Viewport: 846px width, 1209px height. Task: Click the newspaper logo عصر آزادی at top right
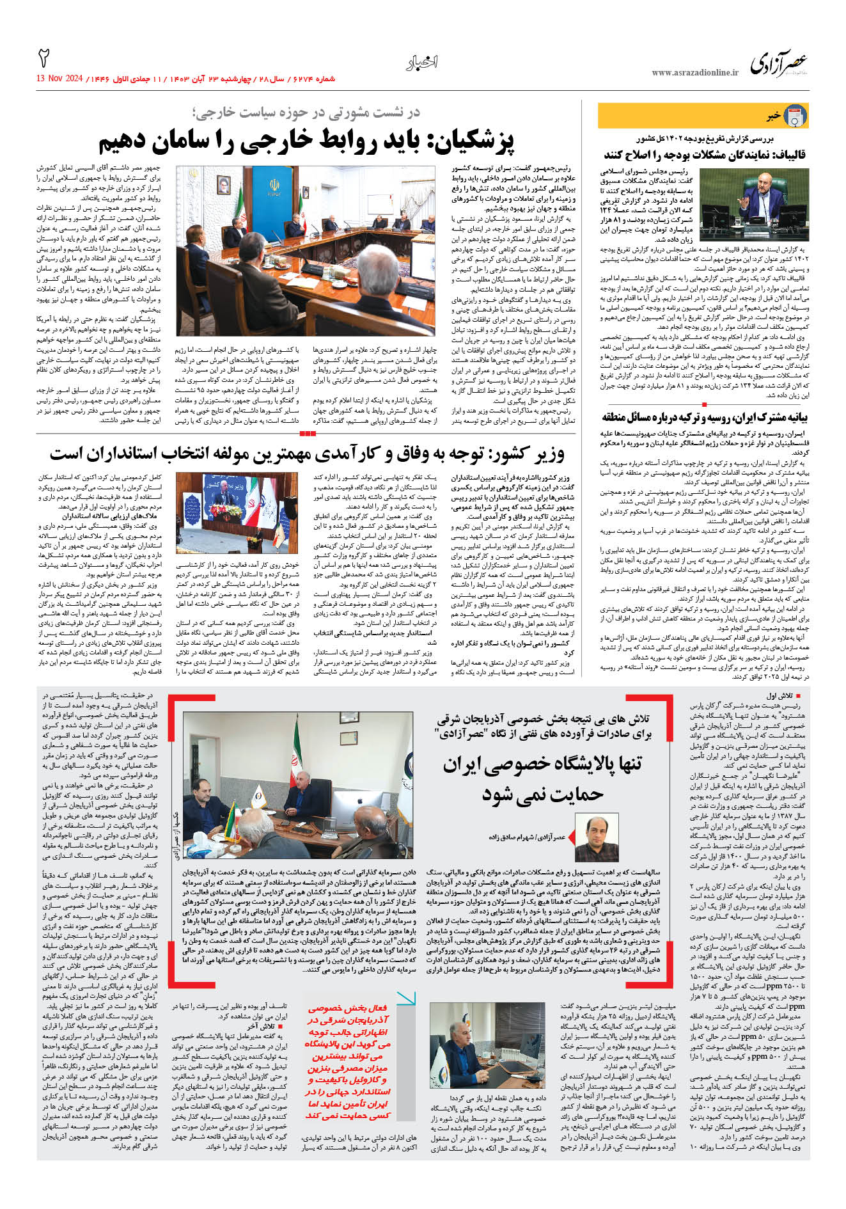coord(778,65)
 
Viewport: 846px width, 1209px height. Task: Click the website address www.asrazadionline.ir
coord(694,73)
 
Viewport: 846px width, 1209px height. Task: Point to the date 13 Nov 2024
coord(60,79)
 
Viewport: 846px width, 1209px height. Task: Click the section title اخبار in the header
coord(422,63)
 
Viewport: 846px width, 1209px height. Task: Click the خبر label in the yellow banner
coord(774,116)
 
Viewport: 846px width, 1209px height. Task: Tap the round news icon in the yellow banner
coord(795,116)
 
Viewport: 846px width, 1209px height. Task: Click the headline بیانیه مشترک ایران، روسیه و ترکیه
coord(704,417)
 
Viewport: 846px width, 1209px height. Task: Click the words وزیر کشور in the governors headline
coord(535,454)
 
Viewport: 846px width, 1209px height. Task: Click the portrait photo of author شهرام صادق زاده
coord(597,837)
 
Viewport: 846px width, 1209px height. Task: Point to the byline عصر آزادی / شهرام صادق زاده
coord(528,837)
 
